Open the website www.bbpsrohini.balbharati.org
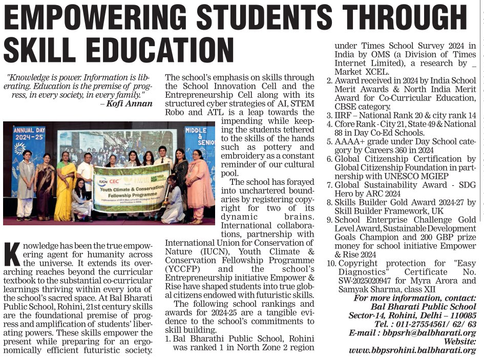coord(412,350)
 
